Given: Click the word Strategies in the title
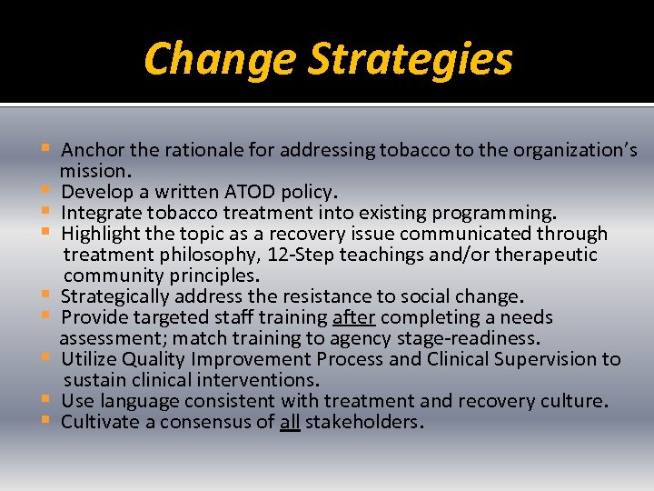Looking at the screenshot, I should (x=411, y=59).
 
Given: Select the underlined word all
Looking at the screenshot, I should (x=290, y=422).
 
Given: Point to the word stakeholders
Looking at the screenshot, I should (x=364, y=422).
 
